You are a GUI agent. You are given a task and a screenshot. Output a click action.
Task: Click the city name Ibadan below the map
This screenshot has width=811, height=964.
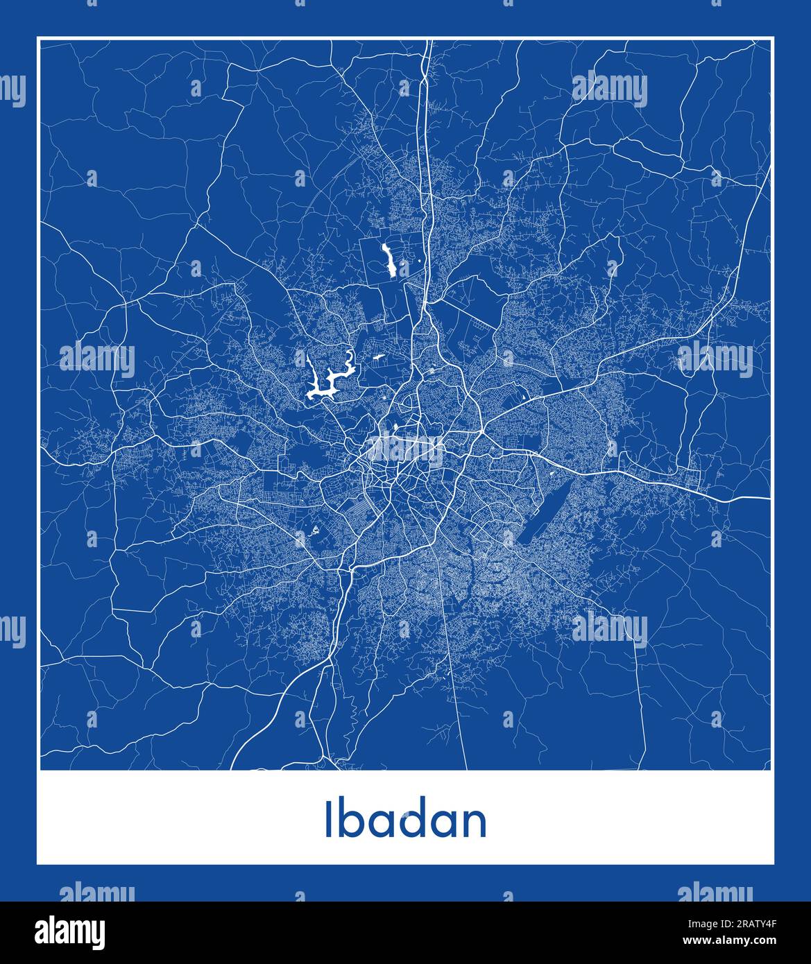pos(405,820)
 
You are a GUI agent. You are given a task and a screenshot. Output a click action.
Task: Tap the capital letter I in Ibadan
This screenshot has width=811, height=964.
pos(327,820)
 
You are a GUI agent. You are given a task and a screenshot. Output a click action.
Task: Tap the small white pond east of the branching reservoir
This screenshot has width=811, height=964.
pos(379,358)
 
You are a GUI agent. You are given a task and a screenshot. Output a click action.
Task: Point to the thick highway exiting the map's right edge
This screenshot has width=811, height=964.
pos(767,498)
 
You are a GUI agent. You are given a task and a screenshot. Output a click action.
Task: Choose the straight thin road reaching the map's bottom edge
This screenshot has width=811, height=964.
pos(466,766)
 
